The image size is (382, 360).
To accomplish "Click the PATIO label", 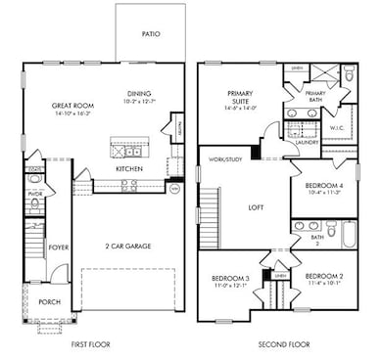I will (x=150, y=33).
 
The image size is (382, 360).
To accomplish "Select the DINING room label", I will (x=138, y=94).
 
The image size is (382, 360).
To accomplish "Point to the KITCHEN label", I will (x=128, y=169).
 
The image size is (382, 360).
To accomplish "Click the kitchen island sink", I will (x=127, y=150).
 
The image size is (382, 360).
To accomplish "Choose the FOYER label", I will (x=60, y=248).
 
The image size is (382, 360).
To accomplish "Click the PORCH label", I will (x=49, y=302).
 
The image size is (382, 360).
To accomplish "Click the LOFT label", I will (x=257, y=206).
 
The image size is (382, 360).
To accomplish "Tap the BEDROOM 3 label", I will (x=231, y=279).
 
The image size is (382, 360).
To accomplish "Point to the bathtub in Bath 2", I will (x=349, y=233).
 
